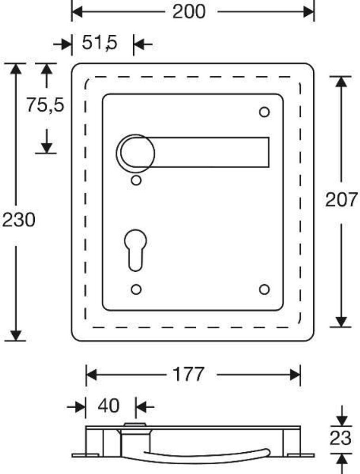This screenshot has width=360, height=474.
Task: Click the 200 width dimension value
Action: point(189,12)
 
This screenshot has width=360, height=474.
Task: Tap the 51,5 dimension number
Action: point(99,43)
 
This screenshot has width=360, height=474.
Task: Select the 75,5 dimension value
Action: point(45,105)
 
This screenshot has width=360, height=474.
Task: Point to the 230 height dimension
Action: point(19,219)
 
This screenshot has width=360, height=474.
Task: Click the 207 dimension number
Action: point(341,200)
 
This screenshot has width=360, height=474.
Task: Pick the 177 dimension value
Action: point(188,374)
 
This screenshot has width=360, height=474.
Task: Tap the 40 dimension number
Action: point(109,405)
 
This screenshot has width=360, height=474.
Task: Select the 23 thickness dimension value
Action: point(341,438)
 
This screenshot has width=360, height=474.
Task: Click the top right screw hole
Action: point(265,112)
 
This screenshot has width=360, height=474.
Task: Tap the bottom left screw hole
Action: point(136,290)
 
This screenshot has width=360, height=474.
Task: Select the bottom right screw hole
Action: point(265,290)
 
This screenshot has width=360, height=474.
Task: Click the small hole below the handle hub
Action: point(136,181)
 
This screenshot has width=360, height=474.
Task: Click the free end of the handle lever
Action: point(268,152)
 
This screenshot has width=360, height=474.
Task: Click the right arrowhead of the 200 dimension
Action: point(309,12)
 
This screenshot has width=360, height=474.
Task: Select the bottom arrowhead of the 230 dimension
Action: point(16,335)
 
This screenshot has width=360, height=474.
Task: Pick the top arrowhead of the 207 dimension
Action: point(341,82)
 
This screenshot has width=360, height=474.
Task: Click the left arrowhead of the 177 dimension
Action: point(92,375)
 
